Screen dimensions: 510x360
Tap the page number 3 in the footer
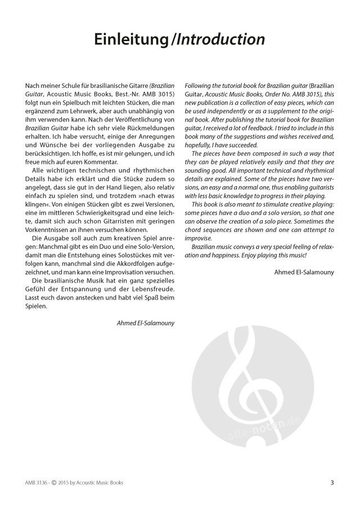point(332,482)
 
